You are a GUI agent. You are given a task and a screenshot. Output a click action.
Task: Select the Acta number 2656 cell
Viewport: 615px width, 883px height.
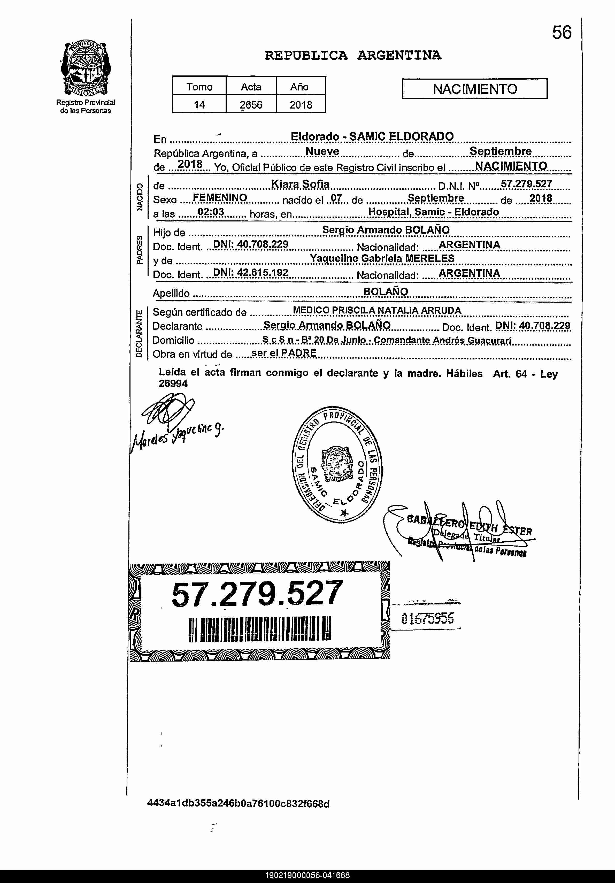click(x=251, y=105)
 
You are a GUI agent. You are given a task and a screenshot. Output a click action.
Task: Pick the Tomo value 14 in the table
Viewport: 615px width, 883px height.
click(x=199, y=105)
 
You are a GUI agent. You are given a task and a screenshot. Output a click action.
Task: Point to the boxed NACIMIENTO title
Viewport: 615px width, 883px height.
click(x=475, y=89)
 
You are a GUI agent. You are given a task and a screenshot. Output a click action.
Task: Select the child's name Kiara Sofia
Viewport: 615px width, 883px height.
click(x=300, y=184)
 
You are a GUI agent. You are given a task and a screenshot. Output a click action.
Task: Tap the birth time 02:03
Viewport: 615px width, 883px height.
click(x=211, y=212)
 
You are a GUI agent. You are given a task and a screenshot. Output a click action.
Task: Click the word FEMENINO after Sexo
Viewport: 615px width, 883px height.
click(x=220, y=198)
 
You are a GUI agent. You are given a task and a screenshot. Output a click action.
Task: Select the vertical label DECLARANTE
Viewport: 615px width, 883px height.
click(x=139, y=333)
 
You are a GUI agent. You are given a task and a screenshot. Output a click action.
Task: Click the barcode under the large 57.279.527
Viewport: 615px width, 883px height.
click(x=260, y=629)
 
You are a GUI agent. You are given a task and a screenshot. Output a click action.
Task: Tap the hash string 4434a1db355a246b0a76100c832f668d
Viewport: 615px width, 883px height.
click(x=239, y=804)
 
